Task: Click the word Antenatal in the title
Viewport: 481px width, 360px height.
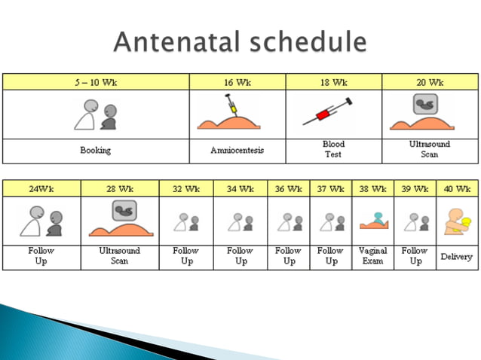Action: click(177, 41)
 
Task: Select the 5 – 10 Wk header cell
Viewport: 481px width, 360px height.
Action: click(95, 82)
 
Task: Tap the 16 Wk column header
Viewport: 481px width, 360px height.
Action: click(237, 82)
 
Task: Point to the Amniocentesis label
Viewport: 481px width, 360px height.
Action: click(237, 150)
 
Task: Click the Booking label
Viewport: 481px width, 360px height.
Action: click(95, 150)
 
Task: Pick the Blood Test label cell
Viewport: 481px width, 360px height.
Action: click(333, 149)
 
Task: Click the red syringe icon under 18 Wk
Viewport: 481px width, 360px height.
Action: click(328, 112)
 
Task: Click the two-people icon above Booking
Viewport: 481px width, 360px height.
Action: click(95, 114)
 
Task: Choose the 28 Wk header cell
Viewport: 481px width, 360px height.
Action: click(119, 188)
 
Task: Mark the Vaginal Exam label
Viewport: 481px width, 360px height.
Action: click(372, 255)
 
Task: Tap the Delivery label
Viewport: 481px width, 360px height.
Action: click(457, 257)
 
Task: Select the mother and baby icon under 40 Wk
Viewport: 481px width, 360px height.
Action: click(457, 220)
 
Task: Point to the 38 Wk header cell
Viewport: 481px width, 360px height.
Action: click(372, 188)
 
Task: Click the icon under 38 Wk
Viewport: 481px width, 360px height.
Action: click(372, 221)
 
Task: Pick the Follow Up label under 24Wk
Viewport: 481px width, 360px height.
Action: click(41, 255)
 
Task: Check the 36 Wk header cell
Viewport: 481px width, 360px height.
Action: click(288, 188)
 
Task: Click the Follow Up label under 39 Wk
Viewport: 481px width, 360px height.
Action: click(415, 255)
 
